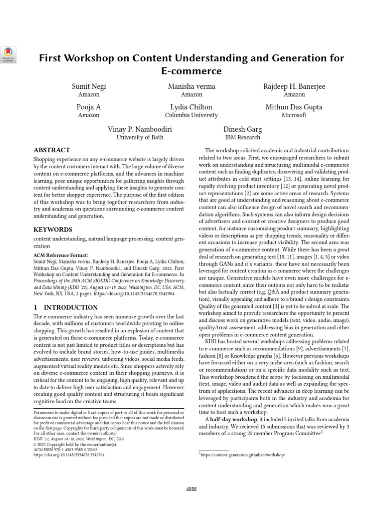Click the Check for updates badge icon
coord(9,53)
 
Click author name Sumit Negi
coord(89,86)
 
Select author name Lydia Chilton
coord(191,107)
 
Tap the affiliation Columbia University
coord(191,115)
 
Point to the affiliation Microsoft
coord(294,115)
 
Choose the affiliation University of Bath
coord(140,137)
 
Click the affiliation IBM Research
coord(243,137)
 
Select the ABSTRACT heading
coord(51,150)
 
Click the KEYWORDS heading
coord(52,230)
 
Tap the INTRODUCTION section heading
coord(65,307)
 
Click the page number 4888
coord(191,489)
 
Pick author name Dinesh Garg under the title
coord(243,129)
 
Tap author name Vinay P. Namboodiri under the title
coord(140,129)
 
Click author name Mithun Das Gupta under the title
coord(294,107)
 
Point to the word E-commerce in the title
coord(191,71)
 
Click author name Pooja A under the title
coord(89,107)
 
